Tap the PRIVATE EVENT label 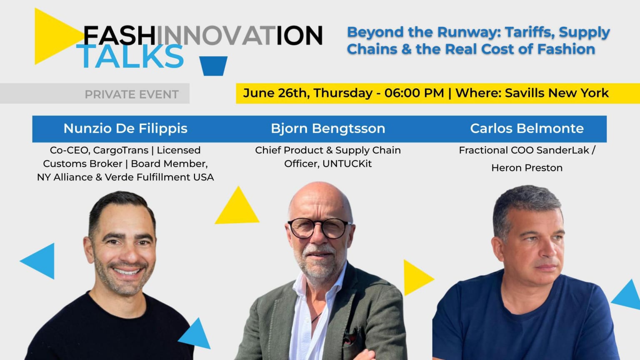pyautogui.click(x=132, y=94)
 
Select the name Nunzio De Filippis pyautogui.click(x=125, y=129)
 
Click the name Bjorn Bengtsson pyautogui.click(x=328, y=129)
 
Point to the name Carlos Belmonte pyautogui.click(x=527, y=128)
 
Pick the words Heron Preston pyautogui.click(x=527, y=168)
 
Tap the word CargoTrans pyautogui.click(x=121, y=150)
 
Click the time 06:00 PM pyautogui.click(x=414, y=93)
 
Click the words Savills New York pyautogui.click(x=557, y=93)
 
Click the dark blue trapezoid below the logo pyautogui.click(x=213, y=66)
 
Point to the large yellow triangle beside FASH pyautogui.click(x=57, y=36)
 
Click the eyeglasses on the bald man pyautogui.click(x=320, y=228)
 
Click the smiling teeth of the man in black pyautogui.click(x=126, y=271)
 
